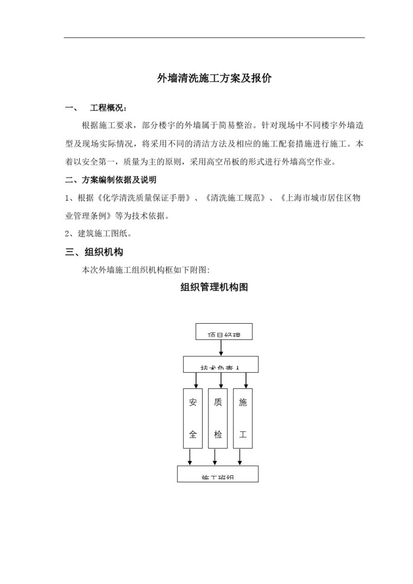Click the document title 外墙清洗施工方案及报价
(214, 78)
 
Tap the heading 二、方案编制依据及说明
(110, 180)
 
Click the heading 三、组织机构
(94, 252)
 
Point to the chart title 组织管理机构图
(214, 287)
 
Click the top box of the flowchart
(224, 332)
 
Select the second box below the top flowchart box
(220, 364)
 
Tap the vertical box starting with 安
(193, 418)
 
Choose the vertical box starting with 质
(218, 418)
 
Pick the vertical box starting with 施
(243, 418)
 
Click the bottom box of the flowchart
(217, 474)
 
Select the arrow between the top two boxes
(221, 348)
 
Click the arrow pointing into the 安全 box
(196, 380)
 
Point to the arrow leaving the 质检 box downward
(215, 457)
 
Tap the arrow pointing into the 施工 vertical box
(246, 380)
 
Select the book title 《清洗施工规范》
(235, 198)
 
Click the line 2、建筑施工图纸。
(98, 233)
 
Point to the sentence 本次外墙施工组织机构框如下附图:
(146, 270)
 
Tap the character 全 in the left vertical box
(193, 434)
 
